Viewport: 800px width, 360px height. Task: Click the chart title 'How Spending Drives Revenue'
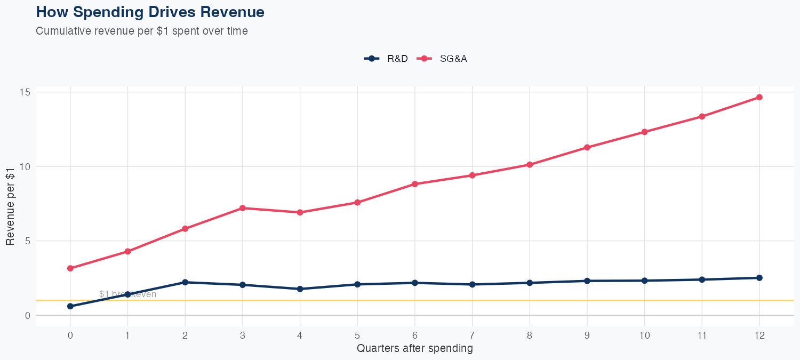click(x=150, y=12)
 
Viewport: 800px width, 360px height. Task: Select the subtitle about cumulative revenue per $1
click(x=141, y=31)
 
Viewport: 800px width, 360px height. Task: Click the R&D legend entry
click(x=386, y=59)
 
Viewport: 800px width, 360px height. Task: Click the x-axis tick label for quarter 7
click(x=472, y=335)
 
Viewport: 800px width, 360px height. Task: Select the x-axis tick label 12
click(x=759, y=335)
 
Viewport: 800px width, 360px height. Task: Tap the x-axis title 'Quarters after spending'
click(x=414, y=349)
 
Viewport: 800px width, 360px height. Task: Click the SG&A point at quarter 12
click(x=759, y=97)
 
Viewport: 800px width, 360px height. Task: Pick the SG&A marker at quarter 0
click(x=70, y=268)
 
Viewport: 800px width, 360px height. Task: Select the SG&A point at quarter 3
click(x=243, y=208)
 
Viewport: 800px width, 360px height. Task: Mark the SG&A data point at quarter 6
click(x=415, y=184)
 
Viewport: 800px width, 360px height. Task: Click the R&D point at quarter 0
click(x=70, y=306)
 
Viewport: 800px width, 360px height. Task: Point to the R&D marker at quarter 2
click(x=185, y=282)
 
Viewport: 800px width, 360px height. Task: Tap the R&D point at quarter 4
click(x=300, y=289)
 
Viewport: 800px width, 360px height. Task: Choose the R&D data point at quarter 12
click(x=759, y=278)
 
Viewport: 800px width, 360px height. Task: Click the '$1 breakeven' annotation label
click(x=127, y=294)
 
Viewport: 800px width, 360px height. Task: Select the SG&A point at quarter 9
click(x=587, y=147)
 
